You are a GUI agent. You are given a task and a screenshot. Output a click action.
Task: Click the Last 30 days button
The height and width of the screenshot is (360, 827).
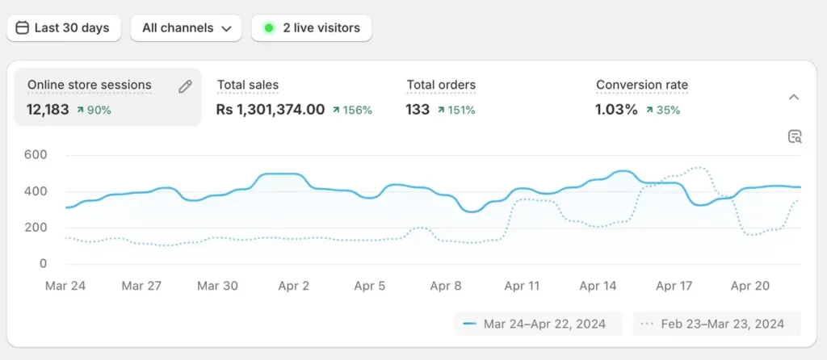click(x=63, y=27)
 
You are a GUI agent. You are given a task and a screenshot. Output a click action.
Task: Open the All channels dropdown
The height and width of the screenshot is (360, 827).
click(x=186, y=27)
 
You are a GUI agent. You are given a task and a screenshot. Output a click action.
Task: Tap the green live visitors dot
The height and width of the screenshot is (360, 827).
click(x=269, y=27)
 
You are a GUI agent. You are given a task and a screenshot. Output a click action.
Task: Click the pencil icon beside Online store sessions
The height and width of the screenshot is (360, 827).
click(x=185, y=86)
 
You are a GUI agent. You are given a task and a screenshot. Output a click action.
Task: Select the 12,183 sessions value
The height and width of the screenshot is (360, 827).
click(x=48, y=110)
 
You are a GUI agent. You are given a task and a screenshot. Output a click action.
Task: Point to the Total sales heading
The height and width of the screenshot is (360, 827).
click(x=248, y=85)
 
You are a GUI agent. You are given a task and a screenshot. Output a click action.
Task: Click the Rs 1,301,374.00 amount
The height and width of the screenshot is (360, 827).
click(x=271, y=110)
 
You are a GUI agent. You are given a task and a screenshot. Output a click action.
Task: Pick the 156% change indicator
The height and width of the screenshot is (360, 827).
click(x=352, y=110)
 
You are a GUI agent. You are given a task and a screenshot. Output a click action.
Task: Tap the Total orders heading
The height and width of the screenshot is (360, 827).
click(x=441, y=85)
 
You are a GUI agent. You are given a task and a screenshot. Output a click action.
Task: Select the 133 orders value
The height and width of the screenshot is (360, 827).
click(x=418, y=110)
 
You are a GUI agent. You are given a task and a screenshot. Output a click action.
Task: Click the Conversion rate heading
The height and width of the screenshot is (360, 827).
click(x=642, y=85)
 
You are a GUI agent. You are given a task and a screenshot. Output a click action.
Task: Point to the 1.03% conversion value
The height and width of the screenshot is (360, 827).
click(x=616, y=110)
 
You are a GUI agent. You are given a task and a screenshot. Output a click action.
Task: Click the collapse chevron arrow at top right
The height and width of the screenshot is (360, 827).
click(x=794, y=97)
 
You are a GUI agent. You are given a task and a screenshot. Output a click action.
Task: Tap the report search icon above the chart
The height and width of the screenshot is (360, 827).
click(x=795, y=136)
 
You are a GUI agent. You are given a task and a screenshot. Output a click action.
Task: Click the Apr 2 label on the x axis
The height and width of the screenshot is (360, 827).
click(x=293, y=286)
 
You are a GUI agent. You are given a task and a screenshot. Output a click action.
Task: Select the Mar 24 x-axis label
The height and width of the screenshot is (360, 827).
click(x=65, y=286)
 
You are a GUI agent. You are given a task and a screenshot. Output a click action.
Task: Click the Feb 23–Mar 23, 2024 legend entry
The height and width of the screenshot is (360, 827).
click(x=716, y=324)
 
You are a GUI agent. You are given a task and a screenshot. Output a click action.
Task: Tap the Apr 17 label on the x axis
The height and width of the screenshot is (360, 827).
click(x=674, y=286)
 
